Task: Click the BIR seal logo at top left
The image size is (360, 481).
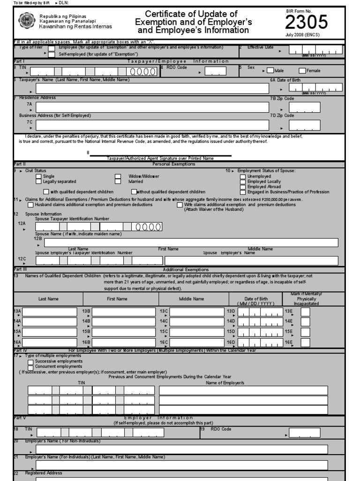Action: (26, 21)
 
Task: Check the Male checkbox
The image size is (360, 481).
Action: (270, 70)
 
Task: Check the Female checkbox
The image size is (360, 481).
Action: (302, 70)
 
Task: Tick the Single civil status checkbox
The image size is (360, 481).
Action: (38, 177)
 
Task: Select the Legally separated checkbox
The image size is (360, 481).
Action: (38, 182)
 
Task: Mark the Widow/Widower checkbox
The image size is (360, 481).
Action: (118, 177)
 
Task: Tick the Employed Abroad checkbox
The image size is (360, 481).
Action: (243, 187)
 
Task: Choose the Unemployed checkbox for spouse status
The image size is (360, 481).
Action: (243, 177)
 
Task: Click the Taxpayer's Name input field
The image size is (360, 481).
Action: (152, 88)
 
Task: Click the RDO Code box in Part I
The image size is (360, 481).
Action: (215, 71)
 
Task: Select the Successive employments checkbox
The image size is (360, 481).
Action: (31, 362)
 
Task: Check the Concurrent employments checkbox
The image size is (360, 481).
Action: (31, 367)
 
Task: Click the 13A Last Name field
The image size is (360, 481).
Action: (50, 311)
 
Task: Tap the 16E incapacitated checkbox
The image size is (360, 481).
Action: (305, 342)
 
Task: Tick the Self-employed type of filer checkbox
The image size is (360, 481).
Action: (52, 54)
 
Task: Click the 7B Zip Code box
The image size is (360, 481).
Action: (305, 107)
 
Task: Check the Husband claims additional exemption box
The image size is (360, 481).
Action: (31, 205)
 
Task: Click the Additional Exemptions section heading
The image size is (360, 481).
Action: (186, 270)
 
